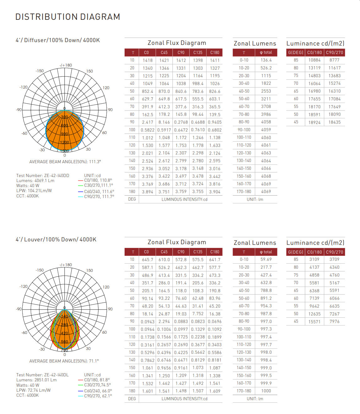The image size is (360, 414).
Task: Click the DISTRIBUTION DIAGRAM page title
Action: click(68, 17)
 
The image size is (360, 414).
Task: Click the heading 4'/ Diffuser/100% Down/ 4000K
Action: click(58, 40)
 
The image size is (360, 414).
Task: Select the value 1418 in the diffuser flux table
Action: click(148, 60)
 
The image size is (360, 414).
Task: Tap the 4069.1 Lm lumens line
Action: click(35, 180)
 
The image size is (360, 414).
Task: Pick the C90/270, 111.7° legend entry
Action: click(99, 196)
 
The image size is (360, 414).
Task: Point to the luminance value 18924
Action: click(314, 122)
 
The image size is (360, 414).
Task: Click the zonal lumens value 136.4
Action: click(266, 60)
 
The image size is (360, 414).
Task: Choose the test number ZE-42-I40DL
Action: click(42, 375)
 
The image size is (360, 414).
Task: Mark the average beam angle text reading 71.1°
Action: click(64, 361)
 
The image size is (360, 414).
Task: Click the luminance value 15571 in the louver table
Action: click(314, 322)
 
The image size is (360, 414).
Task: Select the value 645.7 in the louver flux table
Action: click(148, 260)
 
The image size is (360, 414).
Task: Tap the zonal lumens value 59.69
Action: click(266, 259)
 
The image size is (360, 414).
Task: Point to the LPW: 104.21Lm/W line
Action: click(34, 191)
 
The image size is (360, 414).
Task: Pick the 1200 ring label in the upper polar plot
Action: click(64, 142)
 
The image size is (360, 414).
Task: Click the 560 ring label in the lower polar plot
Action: click(64, 342)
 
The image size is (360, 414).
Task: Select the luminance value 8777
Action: click(334, 60)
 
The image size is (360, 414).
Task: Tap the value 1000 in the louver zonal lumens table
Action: click(266, 391)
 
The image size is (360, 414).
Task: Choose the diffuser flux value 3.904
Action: click(215, 192)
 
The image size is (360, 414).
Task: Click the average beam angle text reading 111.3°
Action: click(65, 162)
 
